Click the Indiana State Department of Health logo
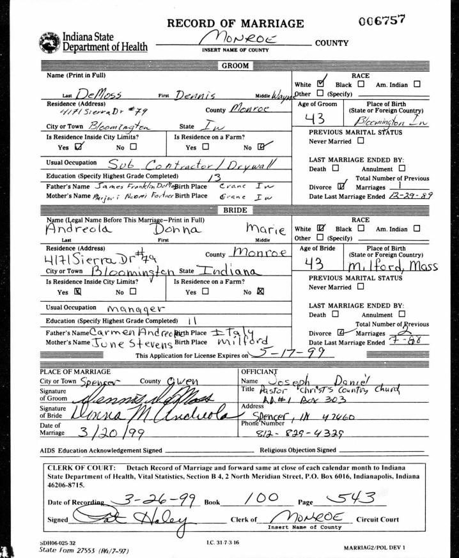[50, 42]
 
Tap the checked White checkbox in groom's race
[321, 84]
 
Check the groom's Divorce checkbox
[341, 185]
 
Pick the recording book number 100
[262, 498]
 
